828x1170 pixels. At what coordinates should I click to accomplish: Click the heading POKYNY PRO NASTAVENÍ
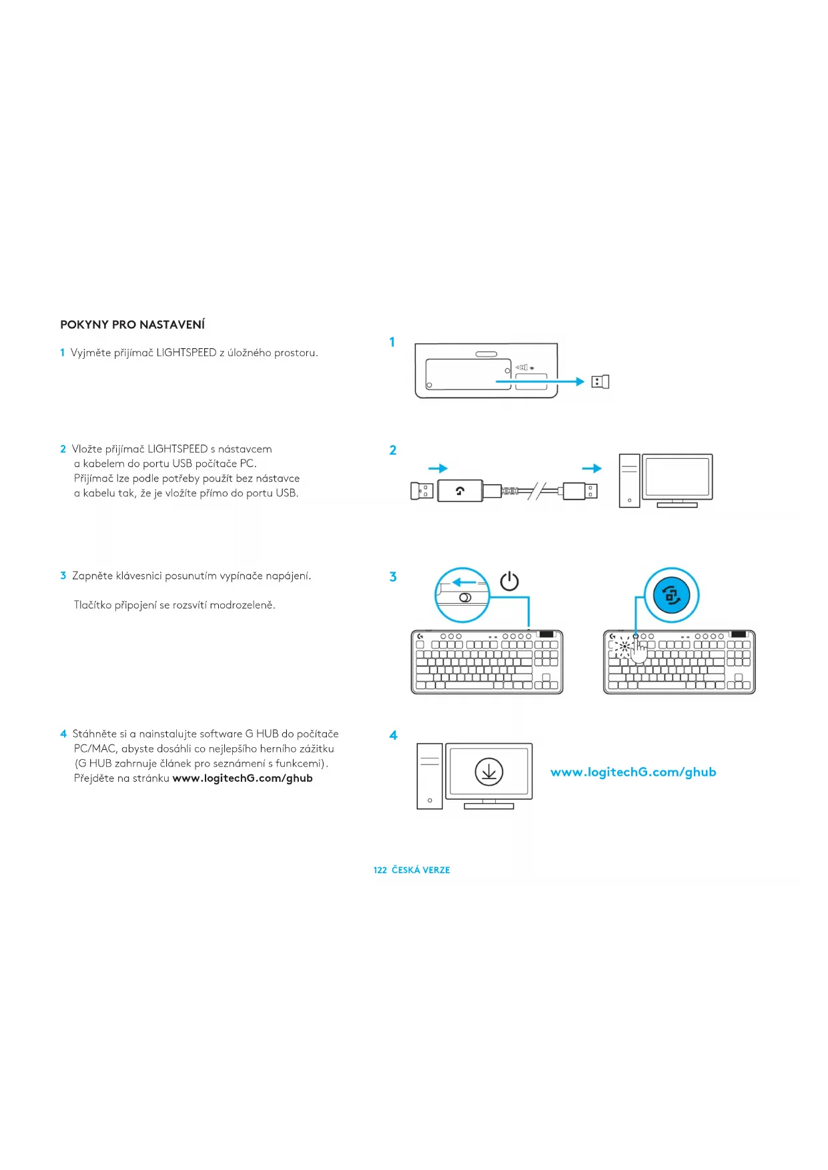click(132, 325)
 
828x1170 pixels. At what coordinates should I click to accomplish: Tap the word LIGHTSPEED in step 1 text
click(186, 353)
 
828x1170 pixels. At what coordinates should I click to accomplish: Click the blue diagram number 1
click(392, 342)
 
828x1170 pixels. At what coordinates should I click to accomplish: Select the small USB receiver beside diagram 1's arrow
click(600, 382)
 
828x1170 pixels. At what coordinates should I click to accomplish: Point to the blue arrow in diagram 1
click(540, 382)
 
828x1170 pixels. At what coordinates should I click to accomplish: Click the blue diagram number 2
click(393, 450)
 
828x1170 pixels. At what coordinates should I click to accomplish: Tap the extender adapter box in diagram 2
click(460, 491)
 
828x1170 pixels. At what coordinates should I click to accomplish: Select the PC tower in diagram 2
click(629, 480)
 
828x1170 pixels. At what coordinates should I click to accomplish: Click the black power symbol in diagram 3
click(510, 581)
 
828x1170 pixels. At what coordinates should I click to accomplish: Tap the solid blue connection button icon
click(672, 595)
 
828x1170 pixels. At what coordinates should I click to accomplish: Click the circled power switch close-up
click(462, 595)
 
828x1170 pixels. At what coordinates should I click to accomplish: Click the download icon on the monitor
click(489, 772)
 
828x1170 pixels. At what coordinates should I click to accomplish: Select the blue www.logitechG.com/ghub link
click(633, 772)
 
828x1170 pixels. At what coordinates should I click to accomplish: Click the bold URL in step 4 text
click(242, 778)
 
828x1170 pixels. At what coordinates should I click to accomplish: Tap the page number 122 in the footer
click(380, 870)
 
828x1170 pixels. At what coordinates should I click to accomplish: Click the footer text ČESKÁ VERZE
click(421, 870)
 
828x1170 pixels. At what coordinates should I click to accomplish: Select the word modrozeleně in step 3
click(243, 606)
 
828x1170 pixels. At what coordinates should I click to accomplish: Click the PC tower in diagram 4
click(430, 776)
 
